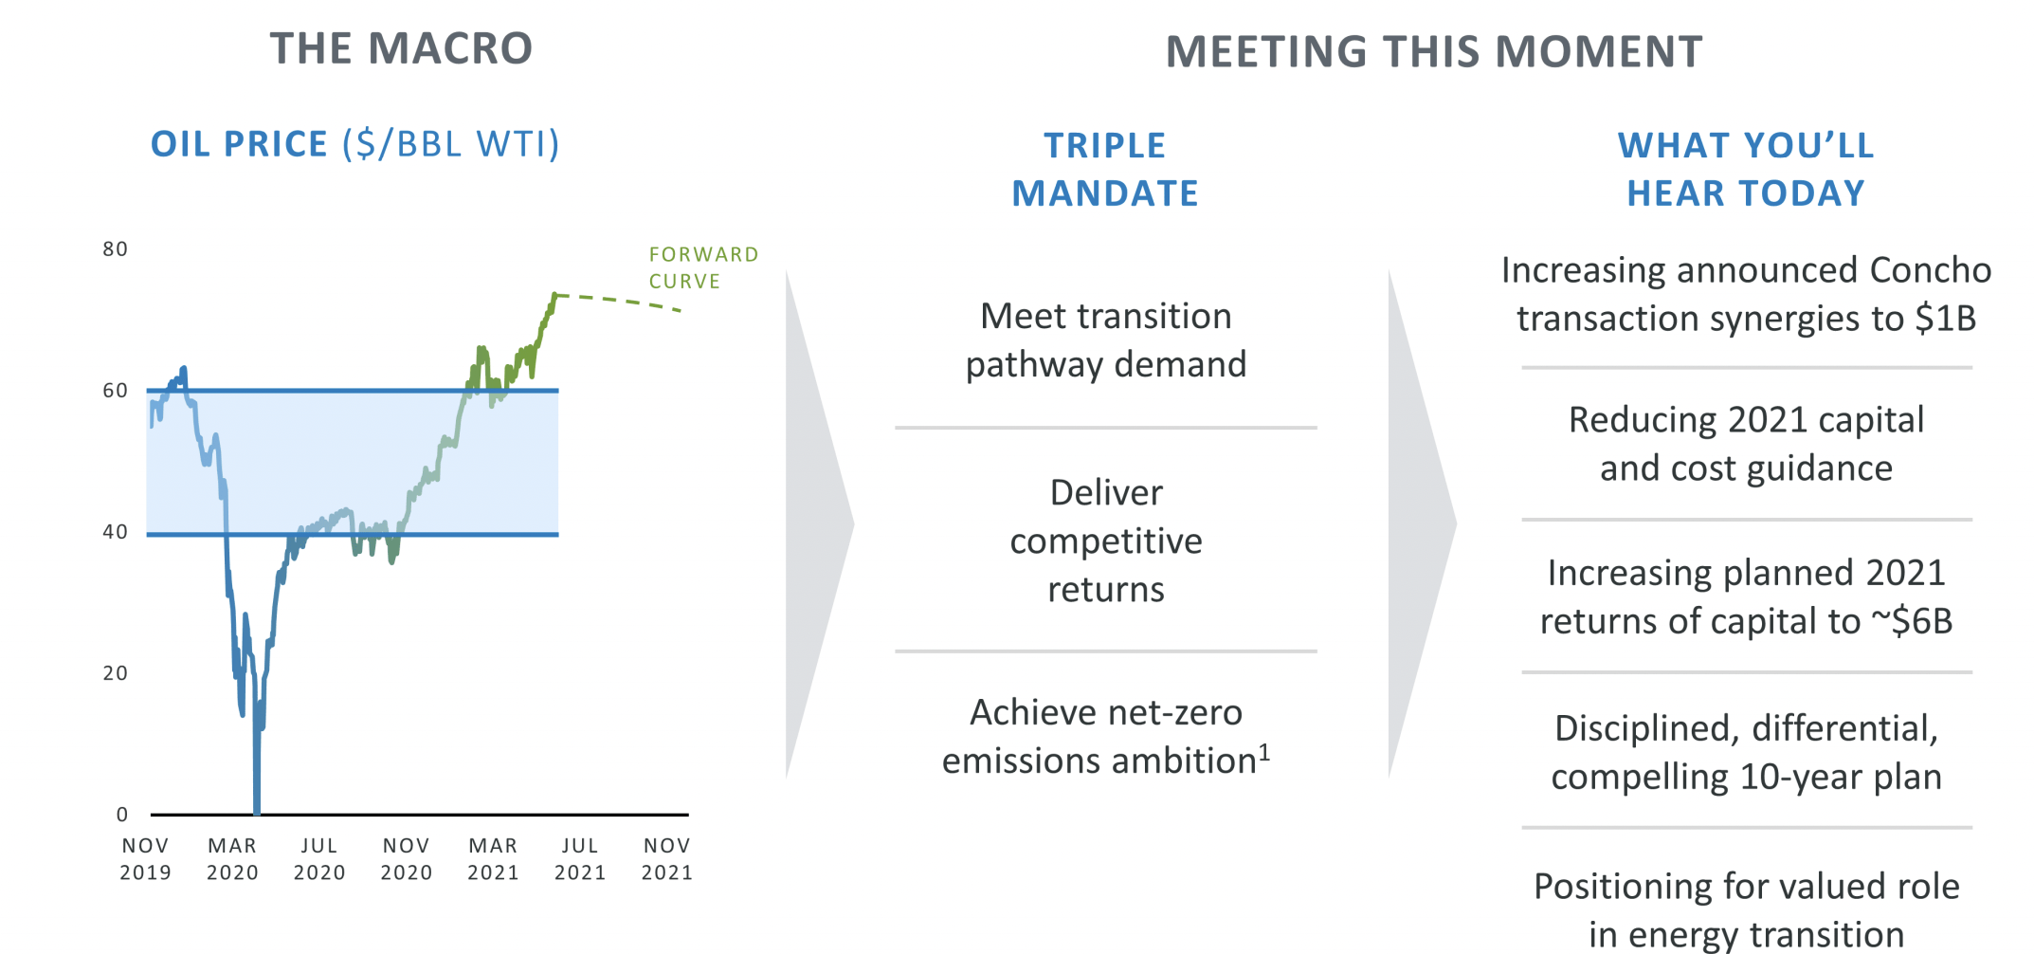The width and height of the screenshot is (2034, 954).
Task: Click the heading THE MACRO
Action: pyautogui.click(x=401, y=48)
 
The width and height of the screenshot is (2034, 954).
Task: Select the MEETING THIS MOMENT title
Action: pyautogui.click(x=1434, y=51)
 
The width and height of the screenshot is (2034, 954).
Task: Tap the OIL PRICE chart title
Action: pyautogui.click(x=355, y=144)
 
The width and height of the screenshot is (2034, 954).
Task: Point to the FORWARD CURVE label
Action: pyautogui.click(x=703, y=267)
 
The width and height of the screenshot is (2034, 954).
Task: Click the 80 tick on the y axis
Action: pyautogui.click(x=115, y=248)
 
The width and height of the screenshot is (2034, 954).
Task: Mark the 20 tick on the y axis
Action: pyautogui.click(x=115, y=673)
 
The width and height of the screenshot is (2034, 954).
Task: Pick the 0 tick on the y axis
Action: pyautogui.click(x=121, y=814)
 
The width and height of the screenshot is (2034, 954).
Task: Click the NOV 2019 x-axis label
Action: pyautogui.click(x=145, y=859)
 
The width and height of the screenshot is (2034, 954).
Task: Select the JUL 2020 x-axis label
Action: pyautogui.click(x=319, y=859)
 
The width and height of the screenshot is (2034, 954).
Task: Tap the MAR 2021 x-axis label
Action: pyautogui.click(x=493, y=859)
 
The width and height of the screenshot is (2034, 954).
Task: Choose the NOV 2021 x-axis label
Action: pyautogui.click(x=667, y=859)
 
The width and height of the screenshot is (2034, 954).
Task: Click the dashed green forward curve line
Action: pyautogui.click(x=619, y=301)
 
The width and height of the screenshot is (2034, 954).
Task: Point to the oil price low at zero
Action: pyautogui.click(x=257, y=811)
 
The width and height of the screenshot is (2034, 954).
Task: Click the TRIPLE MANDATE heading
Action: pyautogui.click(x=1105, y=169)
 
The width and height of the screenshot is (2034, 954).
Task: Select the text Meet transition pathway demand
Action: pyautogui.click(x=1106, y=339)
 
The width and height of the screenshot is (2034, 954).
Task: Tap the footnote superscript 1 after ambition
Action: pyautogui.click(x=1264, y=753)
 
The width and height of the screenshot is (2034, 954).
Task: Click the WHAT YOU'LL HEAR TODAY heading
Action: pyautogui.click(x=1746, y=169)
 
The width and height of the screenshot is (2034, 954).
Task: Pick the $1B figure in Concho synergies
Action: pyautogui.click(x=1945, y=319)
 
